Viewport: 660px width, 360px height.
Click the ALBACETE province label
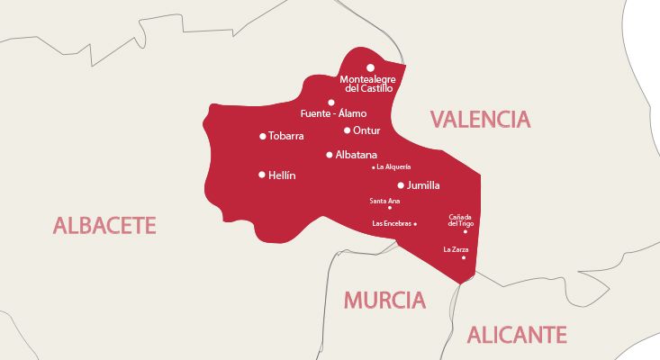(x=104, y=225)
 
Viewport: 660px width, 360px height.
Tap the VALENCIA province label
(x=480, y=119)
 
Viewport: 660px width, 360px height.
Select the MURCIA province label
(x=384, y=300)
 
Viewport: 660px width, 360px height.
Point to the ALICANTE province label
(x=517, y=336)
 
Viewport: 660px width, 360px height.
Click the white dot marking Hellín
(x=262, y=175)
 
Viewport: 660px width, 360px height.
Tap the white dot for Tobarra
(x=262, y=137)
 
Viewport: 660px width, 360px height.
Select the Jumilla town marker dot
(x=401, y=185)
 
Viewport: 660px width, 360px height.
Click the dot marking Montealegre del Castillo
(x=370, y=67)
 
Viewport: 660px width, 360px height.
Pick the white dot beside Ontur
(x=347, y=130)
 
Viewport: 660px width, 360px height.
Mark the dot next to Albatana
(x=330, y=155)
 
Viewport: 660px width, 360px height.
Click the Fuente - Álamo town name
(x=333, y=114)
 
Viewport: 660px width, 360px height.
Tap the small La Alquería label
(x=394, y=166)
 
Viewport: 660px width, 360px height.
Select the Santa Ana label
(x=384, y=201)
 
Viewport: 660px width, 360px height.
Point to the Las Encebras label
(x=392, y=223)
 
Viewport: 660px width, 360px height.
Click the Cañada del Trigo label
(x=459, y=220)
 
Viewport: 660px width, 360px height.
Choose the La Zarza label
(x=456, y=249)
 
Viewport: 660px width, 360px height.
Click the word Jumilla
(x=423, y=185)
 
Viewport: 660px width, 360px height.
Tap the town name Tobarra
(x=287, y=137)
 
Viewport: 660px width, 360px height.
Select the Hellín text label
(x=282, y=175)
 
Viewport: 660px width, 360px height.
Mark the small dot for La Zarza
(x=464, y=258)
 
